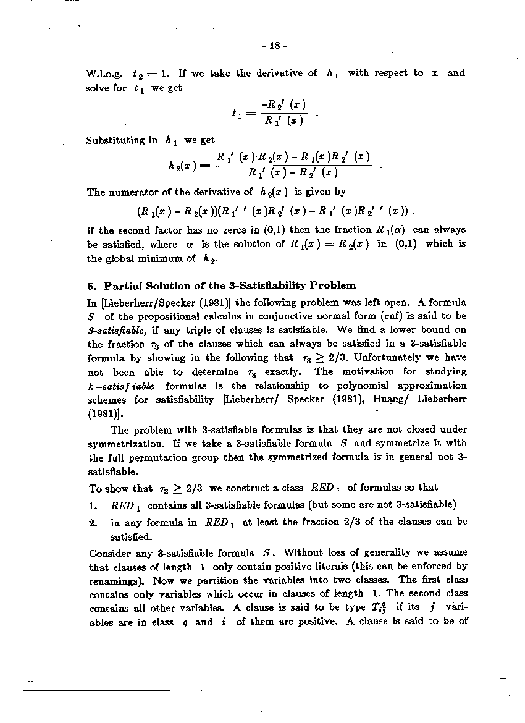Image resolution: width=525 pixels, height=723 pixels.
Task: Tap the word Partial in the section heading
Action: (124, 285)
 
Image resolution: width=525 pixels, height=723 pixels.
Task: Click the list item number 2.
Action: (93, 522)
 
